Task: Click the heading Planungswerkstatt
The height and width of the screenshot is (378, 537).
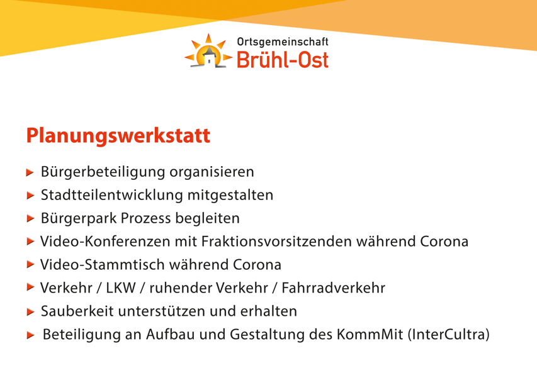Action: [118, 136]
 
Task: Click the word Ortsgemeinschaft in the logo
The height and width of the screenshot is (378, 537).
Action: [283, 42]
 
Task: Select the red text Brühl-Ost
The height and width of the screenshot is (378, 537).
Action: [283, 60]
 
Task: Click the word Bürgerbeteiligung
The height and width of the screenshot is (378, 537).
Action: [103, 172]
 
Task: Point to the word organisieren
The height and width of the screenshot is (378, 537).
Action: [212, 172]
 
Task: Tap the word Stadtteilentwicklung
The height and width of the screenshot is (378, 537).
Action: [111, 195]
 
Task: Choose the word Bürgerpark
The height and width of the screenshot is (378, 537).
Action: [79, 219]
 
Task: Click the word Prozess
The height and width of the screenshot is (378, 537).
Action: [145, 218]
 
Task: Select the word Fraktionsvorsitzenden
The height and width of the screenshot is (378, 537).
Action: [276, 242]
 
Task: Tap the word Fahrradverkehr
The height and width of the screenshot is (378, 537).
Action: [333, 288]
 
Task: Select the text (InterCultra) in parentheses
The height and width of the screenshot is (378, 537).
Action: [449, 335]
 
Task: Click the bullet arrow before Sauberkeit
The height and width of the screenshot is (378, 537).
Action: [30, 311]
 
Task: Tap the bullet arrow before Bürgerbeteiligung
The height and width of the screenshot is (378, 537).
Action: [30, 172]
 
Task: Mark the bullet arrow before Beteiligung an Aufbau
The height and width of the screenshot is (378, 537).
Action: [30, 335]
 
